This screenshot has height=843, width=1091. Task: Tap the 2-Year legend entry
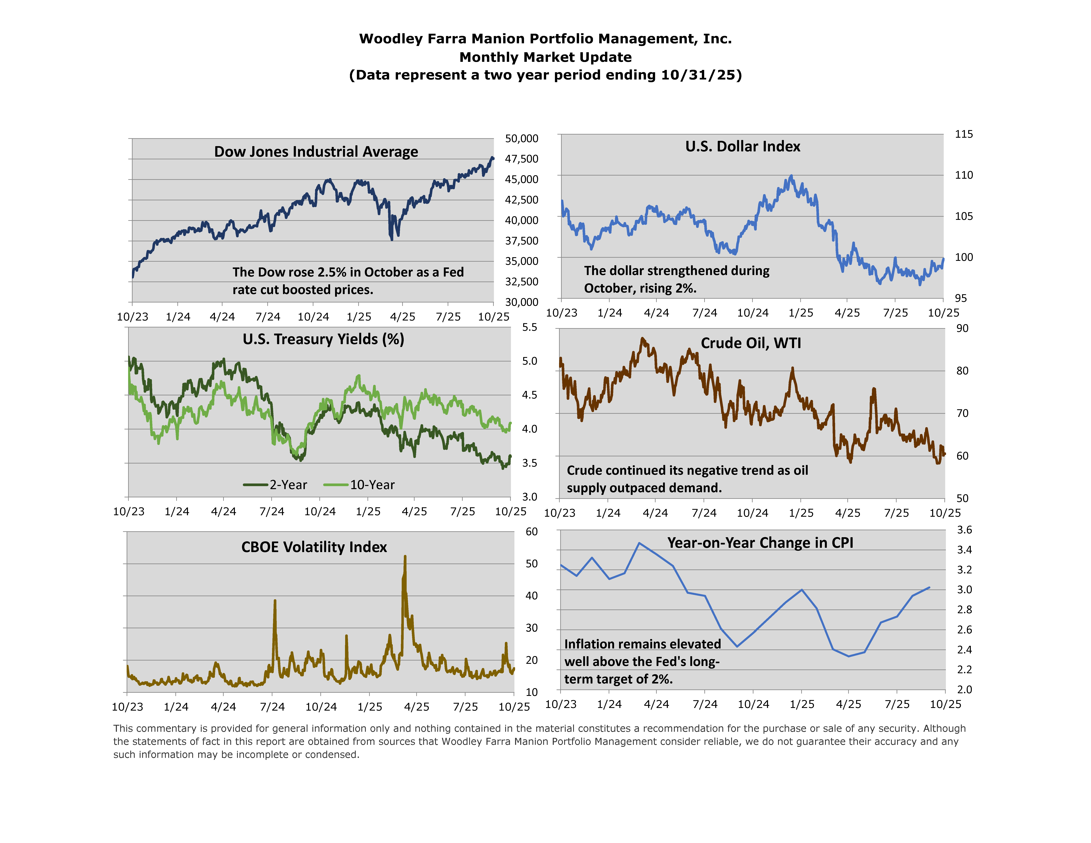[x=276, y=485]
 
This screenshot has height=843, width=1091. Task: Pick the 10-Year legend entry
[x=360, y=485]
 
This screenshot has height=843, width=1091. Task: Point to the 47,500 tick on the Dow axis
[x=522, y=159]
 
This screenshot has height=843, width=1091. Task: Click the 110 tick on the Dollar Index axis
[x=964, y=175]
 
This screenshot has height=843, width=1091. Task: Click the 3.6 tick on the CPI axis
[x=964, y=530]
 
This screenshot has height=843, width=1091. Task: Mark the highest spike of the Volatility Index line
[x=405, y=556]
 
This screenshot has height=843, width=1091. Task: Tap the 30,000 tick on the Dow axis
[x=522, y=302]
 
